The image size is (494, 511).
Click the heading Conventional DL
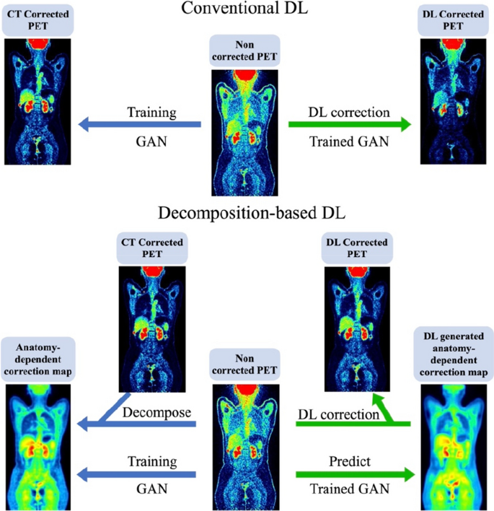[x=246, y=9]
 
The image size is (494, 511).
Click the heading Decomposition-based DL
[x=246, y=213]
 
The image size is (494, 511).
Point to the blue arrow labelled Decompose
[x=137, y=427]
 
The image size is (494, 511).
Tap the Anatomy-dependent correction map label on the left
[x=35, y=358]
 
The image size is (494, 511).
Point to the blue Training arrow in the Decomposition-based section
[x=137, y=474]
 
